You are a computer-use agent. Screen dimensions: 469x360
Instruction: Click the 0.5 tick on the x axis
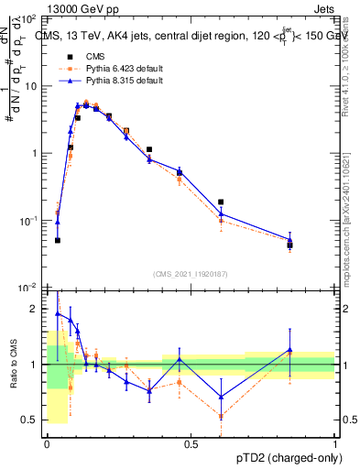[x=191, y=444]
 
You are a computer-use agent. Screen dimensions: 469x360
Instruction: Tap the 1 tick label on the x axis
[x=335, y=444]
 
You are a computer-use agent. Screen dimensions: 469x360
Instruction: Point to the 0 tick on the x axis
[x=47, y=444]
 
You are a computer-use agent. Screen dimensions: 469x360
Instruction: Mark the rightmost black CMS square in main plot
[x=290, y=245]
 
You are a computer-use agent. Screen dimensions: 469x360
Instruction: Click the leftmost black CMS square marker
[x=58, y=240]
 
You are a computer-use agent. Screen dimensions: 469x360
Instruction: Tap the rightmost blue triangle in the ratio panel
[x=290, y=350]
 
